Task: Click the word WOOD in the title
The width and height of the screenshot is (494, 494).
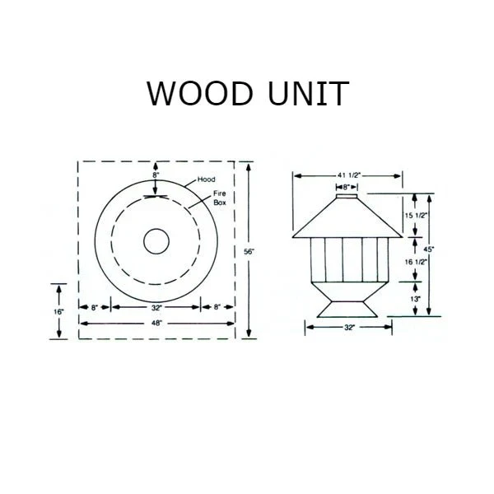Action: click(200, 94)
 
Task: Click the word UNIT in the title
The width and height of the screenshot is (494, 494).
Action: click(308, 94)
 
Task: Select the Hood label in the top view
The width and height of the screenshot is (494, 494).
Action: click(207, 179)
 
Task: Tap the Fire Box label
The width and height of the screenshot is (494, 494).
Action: click(220, 198)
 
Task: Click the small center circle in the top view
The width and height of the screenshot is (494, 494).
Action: click(156, 241)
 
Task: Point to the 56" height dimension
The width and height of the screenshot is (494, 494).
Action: click(249, 252)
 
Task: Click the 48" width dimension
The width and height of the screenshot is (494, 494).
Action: click(156, 324)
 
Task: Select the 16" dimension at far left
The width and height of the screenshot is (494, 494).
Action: click(58, 312)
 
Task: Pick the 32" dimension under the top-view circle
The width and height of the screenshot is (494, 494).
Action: click(156, 307)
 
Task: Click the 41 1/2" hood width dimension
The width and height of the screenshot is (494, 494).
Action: click(349, 175)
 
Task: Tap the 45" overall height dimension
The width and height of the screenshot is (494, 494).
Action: click(429, 249)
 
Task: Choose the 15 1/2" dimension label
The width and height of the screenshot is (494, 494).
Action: click(416, 216)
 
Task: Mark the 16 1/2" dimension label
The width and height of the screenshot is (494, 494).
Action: click(416, 262)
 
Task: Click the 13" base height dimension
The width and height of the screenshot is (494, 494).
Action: click(416, 299)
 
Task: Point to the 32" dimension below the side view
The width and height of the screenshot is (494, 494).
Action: click(349, 328)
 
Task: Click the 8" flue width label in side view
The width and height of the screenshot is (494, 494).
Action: click(347, 188)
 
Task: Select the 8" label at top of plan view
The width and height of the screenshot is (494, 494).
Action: click(156, 175)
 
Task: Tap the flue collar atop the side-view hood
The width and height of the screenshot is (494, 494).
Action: click(347, 196)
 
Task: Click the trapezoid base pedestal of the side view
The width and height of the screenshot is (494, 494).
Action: click(347, 309)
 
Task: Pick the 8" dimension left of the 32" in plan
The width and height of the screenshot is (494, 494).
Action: click(95, 307)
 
